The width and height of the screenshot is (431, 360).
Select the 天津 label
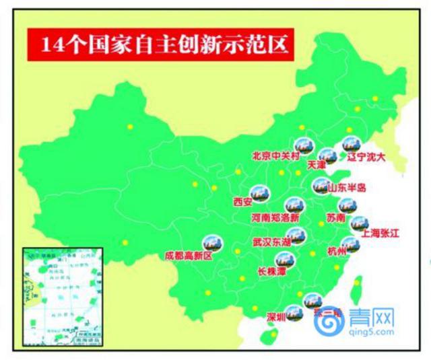tap(316, 164)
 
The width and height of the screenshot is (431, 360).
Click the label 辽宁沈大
tap(366, 158)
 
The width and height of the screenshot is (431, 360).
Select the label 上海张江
tap(380, 233)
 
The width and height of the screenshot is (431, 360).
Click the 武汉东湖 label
tap(273, 241)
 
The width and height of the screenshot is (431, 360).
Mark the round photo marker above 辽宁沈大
tap(351, 144)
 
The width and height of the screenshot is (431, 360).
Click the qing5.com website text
tap(372, 332)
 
